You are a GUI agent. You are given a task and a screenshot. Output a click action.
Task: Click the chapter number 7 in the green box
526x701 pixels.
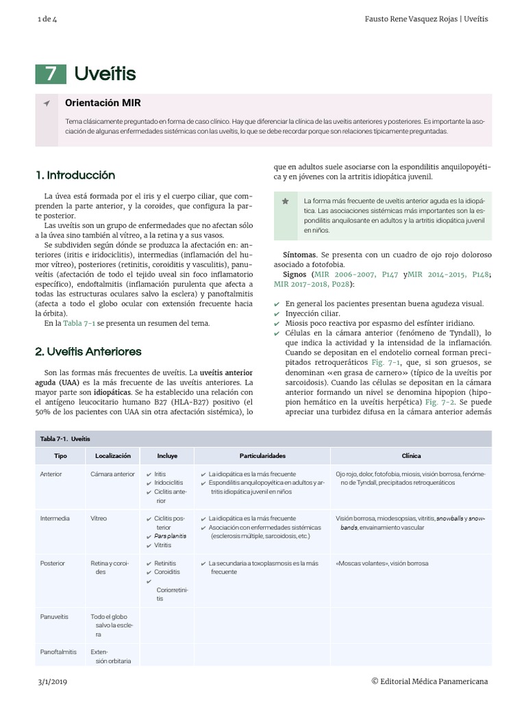point(51,74)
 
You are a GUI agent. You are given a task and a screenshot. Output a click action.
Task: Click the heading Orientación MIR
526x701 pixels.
point(103,103)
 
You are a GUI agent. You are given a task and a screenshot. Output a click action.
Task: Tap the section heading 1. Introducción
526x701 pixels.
point(75,175)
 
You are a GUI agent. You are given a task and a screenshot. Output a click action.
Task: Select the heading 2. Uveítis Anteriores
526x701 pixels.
point(88,351)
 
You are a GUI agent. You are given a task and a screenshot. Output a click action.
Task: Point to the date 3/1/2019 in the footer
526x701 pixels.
point(52,681)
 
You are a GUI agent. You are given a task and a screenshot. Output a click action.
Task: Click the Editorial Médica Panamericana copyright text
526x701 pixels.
point(429,681)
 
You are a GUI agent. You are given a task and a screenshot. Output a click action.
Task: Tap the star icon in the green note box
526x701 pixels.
point(286,201)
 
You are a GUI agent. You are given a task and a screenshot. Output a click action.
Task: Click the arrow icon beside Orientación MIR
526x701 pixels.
point(47,103)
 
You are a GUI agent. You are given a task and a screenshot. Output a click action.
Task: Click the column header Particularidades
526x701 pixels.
point(262,455)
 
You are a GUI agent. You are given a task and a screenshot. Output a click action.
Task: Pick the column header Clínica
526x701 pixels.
point(411,455)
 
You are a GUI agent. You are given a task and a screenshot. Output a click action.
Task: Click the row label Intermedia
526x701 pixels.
point(55,518)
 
